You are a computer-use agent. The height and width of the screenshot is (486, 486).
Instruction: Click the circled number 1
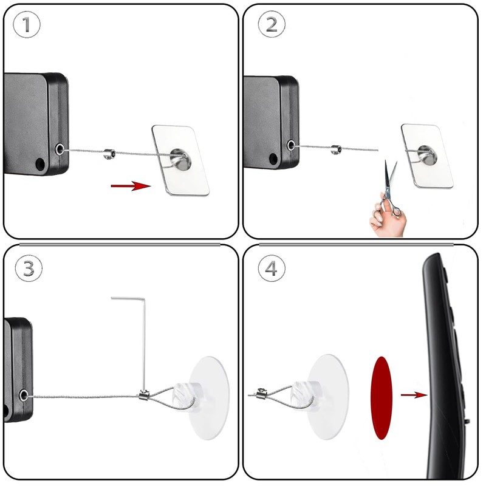coord(27,24)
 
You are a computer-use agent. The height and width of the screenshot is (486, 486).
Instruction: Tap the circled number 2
coord(272,24)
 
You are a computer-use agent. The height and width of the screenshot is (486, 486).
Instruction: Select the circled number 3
coord(29,268)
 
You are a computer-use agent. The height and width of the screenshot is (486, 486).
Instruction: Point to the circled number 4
coord(272,268)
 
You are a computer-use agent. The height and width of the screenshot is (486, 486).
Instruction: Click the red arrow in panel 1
coord(131,186)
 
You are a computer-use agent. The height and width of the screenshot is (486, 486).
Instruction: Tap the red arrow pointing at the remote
coord(414,395)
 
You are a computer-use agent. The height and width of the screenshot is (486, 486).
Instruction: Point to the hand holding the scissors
coord(388,217)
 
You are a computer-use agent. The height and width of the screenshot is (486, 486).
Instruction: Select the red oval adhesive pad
coord(382,398)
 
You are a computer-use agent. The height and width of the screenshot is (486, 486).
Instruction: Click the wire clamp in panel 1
coord(109,154)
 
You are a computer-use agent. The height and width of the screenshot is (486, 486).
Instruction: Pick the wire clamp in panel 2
coord(336,149)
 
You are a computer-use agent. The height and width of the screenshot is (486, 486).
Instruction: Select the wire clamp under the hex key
coord(144,395)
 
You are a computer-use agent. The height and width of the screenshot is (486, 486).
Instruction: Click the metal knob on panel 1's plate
coord(180,159)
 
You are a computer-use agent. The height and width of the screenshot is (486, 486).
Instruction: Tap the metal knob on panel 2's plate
coord(428,155)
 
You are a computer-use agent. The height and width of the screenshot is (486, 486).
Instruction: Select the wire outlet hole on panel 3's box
coord(24,395)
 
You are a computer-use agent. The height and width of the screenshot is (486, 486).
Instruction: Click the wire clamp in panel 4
coord(262,394)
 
